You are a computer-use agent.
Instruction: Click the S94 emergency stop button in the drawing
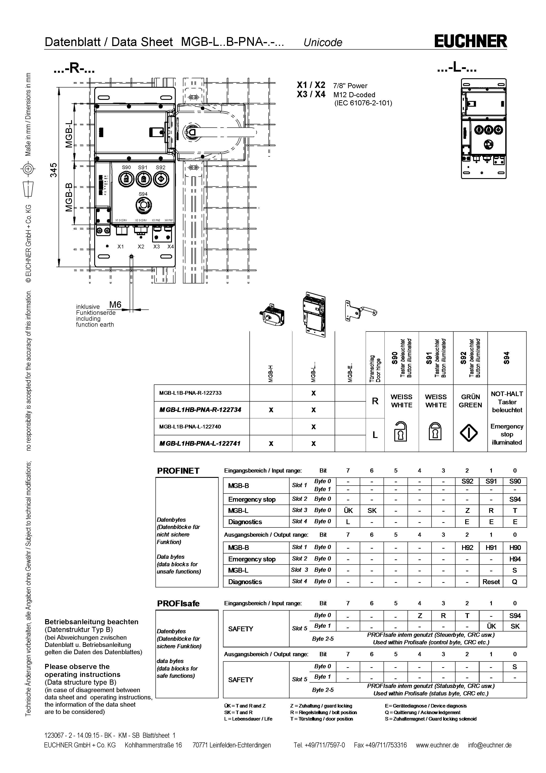(x=143, y=205)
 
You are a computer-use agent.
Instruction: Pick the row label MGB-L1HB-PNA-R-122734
(x=200, y=410)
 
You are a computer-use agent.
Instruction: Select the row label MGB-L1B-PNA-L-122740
(x=190, y=427)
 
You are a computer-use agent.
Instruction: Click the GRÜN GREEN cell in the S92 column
(x=470, y=401)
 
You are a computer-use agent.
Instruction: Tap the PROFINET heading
(x=178, y=471)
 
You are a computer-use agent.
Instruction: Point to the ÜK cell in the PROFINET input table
(x=348, y=510)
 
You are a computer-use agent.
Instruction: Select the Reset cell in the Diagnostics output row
(x=491, y=582)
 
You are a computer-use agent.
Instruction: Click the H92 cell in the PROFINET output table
(x=467, y=548)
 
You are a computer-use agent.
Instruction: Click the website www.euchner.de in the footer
(x=437, y=745)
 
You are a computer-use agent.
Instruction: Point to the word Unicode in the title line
(x=323, y=42)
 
